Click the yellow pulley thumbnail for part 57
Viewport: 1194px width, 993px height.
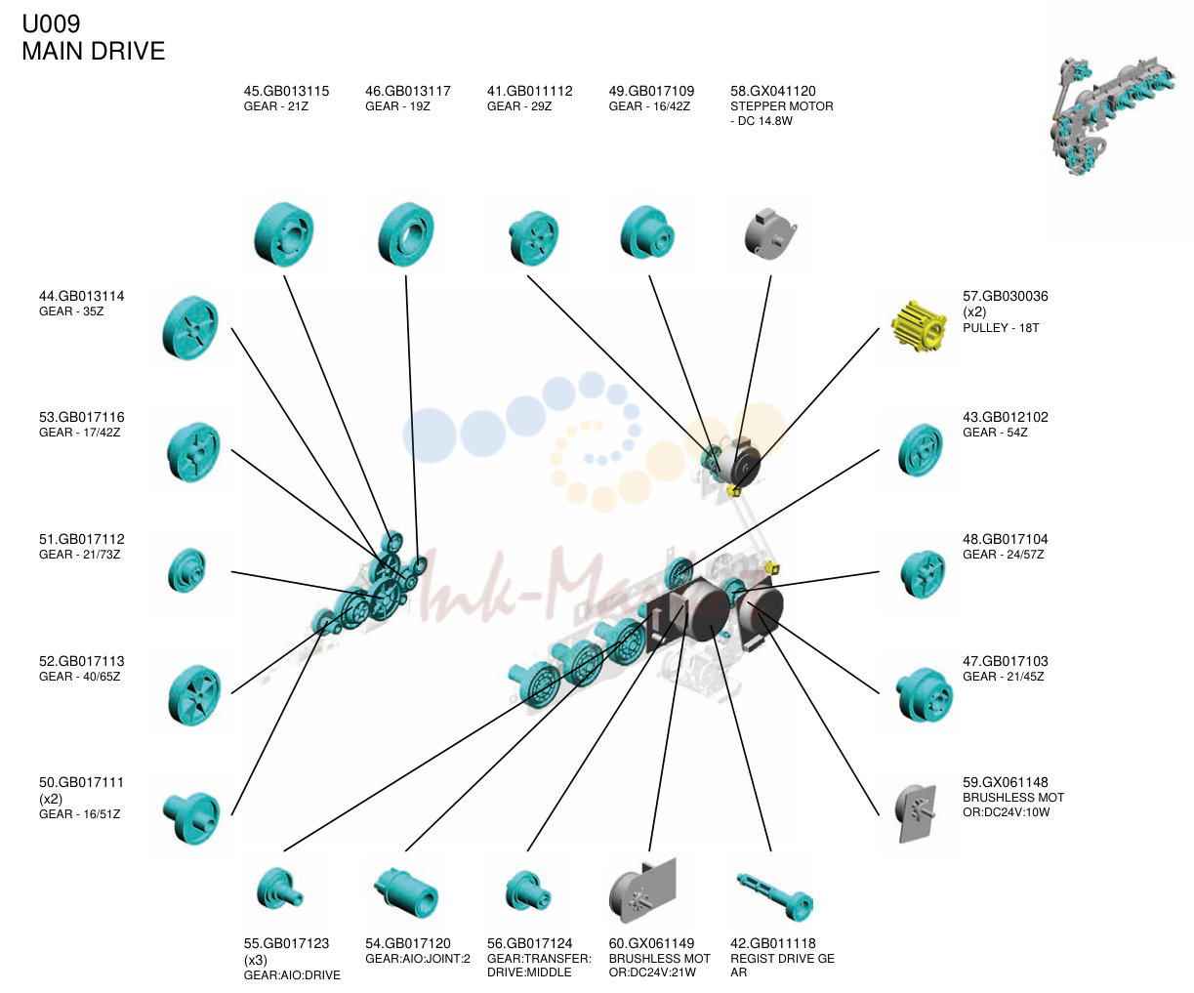point(919,326)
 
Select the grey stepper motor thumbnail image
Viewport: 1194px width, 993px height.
point(770,234)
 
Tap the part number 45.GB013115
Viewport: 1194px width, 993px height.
point(286,91)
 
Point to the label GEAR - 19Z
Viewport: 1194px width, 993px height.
point(397,106)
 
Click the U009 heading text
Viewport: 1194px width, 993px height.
point(51,24)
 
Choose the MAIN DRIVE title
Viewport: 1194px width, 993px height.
point(93,52)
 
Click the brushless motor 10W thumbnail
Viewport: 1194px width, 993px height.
point(916,813)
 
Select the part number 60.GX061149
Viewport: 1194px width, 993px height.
point(651,943)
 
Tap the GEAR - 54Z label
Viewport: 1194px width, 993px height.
point(995,433)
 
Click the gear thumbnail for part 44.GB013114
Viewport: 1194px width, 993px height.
point(190,328)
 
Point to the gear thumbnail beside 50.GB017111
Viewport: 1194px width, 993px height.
point(191,818)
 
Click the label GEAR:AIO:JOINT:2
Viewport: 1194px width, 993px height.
point(418,959)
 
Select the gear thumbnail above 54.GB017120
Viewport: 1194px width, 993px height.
point(406,892)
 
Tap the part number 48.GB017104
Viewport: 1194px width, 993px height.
point(1006,539)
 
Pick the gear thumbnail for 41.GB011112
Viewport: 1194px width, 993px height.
point(533,237)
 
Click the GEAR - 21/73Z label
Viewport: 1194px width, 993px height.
point(79,555)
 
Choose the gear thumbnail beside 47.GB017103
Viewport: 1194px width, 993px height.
point(925,694)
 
